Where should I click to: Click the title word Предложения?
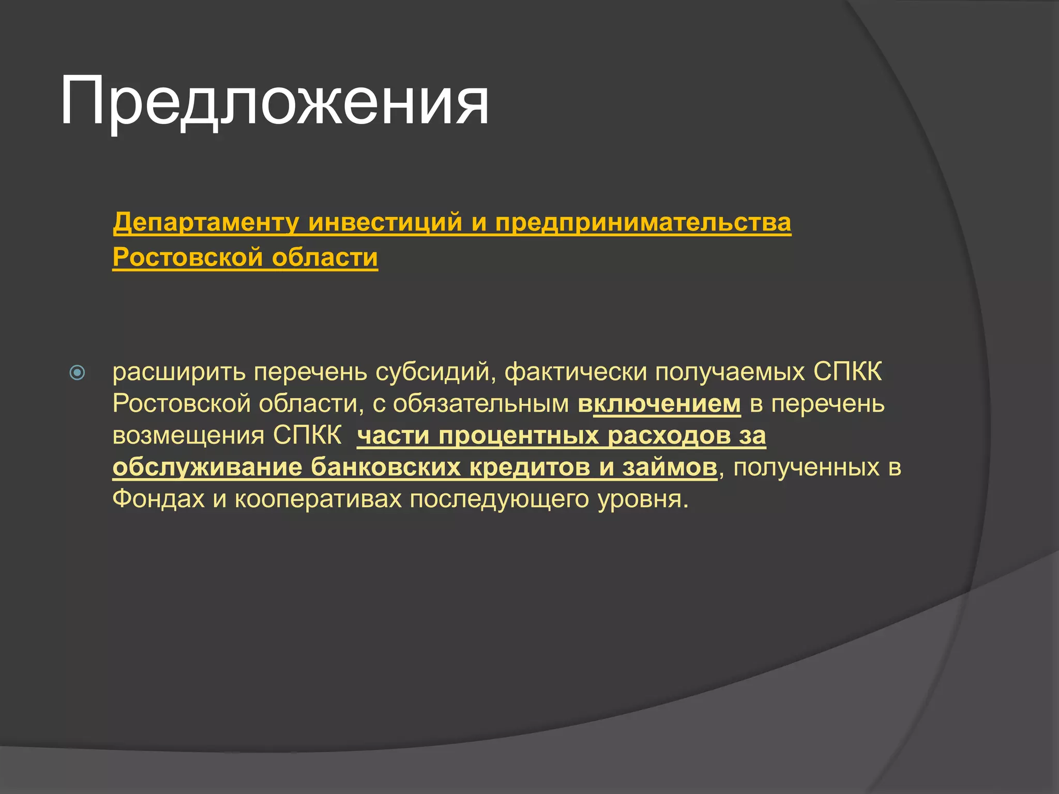click(x=274, y=101)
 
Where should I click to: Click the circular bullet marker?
click(x=77, y=372)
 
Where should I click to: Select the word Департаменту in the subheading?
click(x=206, y=222)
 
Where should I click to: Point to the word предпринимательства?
click(x=643, y=222)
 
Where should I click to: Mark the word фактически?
click(x=576, y=372)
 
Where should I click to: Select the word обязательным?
click(x=480, y=404)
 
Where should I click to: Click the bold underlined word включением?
click(x=659, y=404)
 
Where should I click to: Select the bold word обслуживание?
click(x=207, y=467)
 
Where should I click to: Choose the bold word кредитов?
click(x=530, y=467)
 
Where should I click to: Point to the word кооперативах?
click(x=318, y=499)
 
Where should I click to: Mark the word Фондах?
click(x=158, y=499)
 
